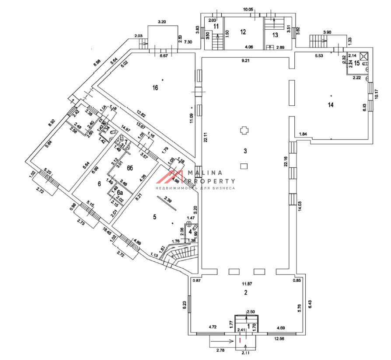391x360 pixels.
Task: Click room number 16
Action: pyautogui.click(x=155, y=88)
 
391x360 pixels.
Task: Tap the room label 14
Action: pyautogui.click(x=331, y=104)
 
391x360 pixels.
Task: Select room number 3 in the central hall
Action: pyautogui.click(x=245, y=151)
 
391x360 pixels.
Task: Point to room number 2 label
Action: pyautogui.click(x=246, y=292)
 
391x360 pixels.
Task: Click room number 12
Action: pyautogui.click(x=243, y=31)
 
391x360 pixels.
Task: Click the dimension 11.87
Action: pyautogui.click(x=248, y=284)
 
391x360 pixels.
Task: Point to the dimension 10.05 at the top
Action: pyautogui.click(x=248, y=9)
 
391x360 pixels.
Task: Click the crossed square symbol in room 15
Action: pyautogui.click(x=364, y=56)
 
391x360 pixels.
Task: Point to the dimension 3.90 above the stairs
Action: pyautogui.click(x=327, y=32)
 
